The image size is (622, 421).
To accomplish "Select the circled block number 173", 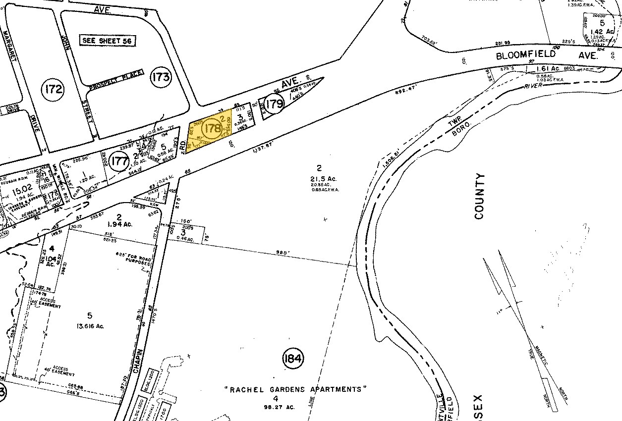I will click(x=161, y=77).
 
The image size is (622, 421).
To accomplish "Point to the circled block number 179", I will click(x=274, y=105).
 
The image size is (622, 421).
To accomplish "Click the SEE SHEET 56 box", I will click(x=109, y=41).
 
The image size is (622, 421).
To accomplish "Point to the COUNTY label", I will click(x=479, y=196).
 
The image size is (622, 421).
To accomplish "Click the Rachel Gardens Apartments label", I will click(x=296, y=389).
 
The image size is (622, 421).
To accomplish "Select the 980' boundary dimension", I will click(x=282, y=254).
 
